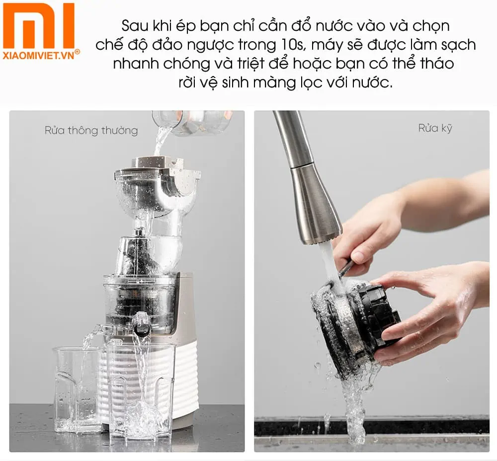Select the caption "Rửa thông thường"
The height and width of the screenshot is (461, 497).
[91, 131]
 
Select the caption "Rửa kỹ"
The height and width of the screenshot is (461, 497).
[435, 128]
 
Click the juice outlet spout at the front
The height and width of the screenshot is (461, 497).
[142, 324]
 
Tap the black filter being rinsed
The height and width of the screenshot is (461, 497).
[358, 323]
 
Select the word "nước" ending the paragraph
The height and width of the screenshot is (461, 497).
[373, 83]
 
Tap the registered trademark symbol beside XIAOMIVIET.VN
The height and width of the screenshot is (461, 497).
[77, 52]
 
